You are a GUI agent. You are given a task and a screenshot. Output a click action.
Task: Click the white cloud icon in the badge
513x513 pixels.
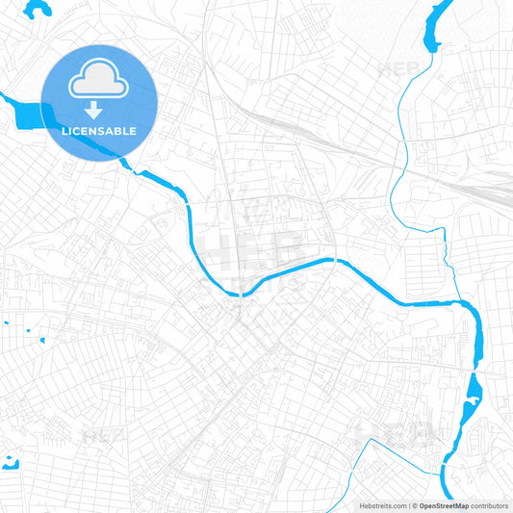pyautogui.click(x=97, y=81)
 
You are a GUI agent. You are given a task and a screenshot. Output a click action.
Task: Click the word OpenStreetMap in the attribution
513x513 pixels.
pyautogui.click(x=443, y=505)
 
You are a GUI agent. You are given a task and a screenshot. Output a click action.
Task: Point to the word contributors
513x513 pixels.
pyautogui.click(x=489, y=505)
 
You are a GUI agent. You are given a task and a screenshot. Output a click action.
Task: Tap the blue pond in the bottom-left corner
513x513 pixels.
pyautogui.click(x=11, y=462)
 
